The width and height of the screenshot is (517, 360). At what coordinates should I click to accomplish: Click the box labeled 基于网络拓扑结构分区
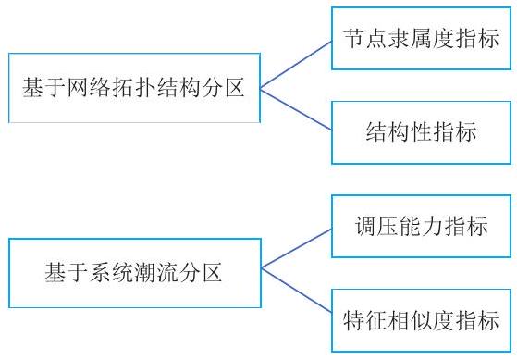coord(134,88)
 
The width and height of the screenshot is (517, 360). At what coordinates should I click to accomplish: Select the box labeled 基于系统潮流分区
coord(135,273)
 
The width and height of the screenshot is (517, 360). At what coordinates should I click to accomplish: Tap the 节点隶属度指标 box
coord(422,39)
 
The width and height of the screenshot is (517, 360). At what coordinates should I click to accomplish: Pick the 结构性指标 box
coord(422,132)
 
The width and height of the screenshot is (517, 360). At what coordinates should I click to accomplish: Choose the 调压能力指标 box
coord(422,227)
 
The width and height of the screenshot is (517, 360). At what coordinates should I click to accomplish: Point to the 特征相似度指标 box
coord(422,321)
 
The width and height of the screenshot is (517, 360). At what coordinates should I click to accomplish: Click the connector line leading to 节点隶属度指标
coord(296,65)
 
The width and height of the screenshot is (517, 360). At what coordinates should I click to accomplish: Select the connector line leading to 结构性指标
coord(296,109)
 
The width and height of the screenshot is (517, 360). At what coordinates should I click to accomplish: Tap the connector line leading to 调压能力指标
coord(296,248)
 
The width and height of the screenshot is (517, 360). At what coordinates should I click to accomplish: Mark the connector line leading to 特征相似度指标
coord(296,290)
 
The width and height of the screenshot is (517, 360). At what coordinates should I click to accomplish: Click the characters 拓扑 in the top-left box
coord(134,88)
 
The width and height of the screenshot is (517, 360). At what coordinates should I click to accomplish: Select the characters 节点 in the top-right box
coord(365,38)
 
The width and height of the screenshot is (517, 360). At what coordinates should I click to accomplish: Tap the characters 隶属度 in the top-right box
coord(421,38)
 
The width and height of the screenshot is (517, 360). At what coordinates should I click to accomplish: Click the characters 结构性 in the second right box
coord(399,132)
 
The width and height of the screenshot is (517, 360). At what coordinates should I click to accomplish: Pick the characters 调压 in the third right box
coord(376,226)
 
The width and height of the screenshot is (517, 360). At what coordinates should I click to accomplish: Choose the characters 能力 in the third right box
coord(421,226)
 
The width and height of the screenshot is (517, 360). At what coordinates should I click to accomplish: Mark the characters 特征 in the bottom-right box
coord(365,320)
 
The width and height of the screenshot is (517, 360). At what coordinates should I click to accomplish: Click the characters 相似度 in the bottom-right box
coord(421,320)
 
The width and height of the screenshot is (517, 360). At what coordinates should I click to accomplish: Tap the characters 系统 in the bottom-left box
coord(112,273)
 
